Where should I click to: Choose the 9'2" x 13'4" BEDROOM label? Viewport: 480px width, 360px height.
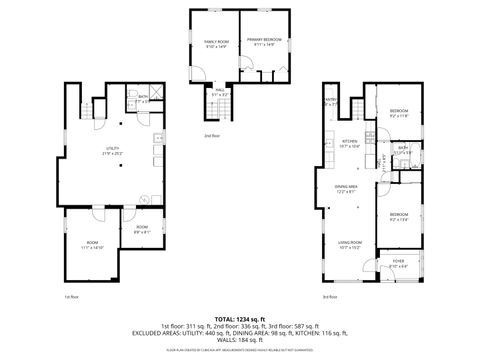(x=399, y=215)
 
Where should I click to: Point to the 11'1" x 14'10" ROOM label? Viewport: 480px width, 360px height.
(x=92, y=244)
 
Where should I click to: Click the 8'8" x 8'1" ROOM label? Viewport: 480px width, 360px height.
(x=141, y=229)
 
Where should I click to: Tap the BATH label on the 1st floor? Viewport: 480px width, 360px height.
(x=143, y=98)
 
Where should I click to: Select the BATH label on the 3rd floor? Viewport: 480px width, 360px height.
(x=402, y=150)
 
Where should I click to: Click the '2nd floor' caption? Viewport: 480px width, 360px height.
(x=211, y=135)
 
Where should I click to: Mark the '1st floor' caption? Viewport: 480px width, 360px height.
(x=71, y=296)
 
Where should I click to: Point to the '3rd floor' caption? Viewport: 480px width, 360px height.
(x=329, y=296)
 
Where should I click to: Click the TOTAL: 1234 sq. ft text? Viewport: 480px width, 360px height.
(x=240, y=316)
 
